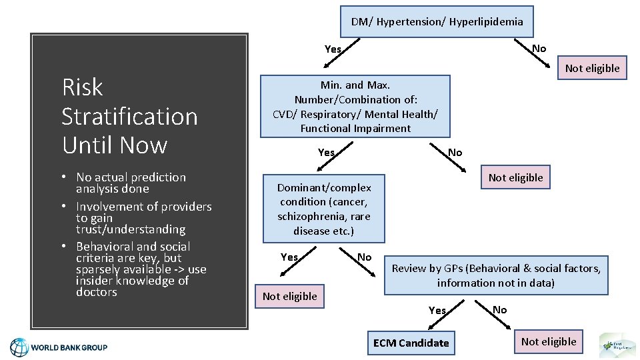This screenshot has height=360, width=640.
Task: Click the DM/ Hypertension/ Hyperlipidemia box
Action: (x=437, y=22)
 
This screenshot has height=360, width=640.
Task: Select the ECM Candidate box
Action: (x=411, y=343)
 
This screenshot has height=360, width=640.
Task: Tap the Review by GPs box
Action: (x=496, y=275)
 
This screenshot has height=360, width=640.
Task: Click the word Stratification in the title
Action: (x=129, y=116)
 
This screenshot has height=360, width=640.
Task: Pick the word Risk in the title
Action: (x=82, y=87)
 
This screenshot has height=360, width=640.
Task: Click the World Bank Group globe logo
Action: (x=19, y=347)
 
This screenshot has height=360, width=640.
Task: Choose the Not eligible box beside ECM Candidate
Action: (x=549, y=342)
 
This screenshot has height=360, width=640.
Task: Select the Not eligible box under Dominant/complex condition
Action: (x=289, y=297)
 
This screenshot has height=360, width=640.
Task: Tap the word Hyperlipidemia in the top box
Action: (x=486, y=22)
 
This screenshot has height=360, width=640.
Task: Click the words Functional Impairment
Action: (x=355, y=128)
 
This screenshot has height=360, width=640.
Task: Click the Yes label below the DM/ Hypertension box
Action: (x=333, y=49)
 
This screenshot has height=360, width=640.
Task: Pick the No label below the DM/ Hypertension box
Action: (x=539, y=48)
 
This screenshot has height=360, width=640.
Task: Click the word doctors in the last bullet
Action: (x=97, y=292)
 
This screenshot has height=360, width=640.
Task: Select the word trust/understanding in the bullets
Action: (x=130, y=229)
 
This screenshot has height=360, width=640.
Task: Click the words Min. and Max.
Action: (x=355, y=85)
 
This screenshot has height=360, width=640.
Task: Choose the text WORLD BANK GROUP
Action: (x=69, y=347)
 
